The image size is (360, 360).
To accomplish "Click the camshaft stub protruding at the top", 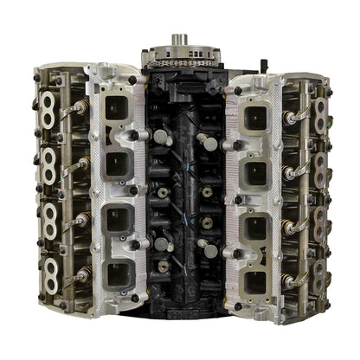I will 180,38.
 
